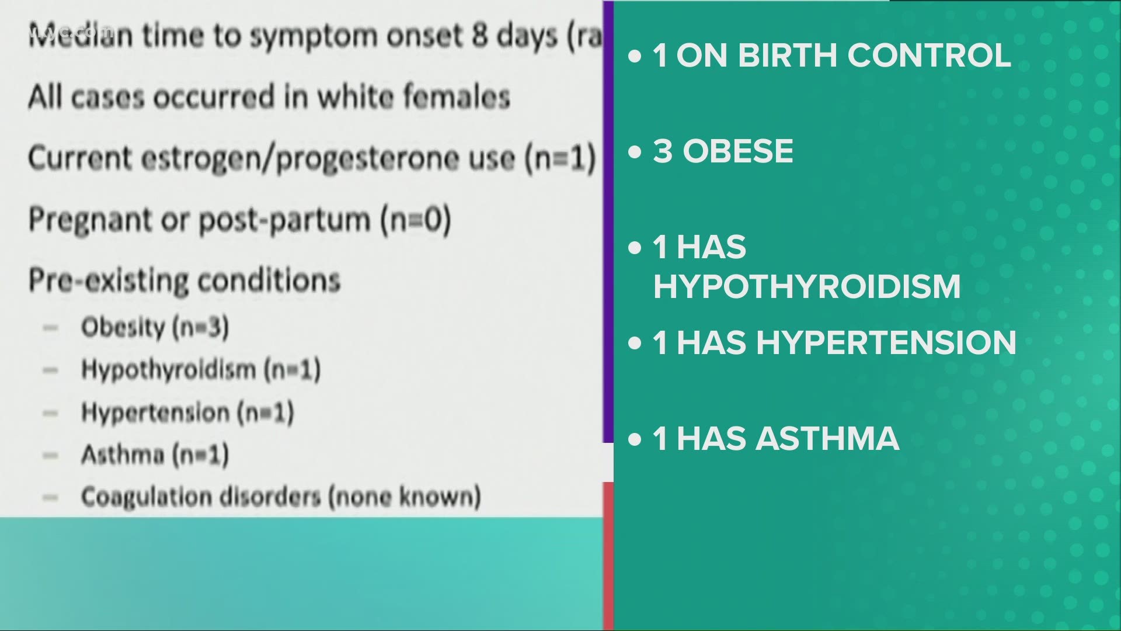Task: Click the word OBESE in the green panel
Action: pyautogui.click(x=738, y=151)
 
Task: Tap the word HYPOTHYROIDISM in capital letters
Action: pyautogui.click(x=807, y=286)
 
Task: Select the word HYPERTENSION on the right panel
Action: pyautogui.click(x=886, y=342)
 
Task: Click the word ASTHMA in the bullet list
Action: pyautogui.click(x=827, y=438)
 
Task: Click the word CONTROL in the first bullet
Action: pyautogui.click(x=929, y=56)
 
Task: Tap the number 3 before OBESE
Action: pyautogui.click(x=662, y=151)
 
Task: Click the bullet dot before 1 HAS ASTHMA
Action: pyautogui.click(x=635, y=439)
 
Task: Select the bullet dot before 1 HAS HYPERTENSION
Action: pyautogui.click(x=635, y=344)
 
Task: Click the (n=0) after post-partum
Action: pyautogui.click(x=416, y=220)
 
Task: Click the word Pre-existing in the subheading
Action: pyautogui.click(x=109, y=280)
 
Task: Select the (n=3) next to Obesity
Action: pyautogui.click(x=200, y=327)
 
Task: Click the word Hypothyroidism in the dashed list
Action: pyautogui.click(x=168, y=369)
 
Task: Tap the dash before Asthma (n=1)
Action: pyautogui.click(x=51, y=455)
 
